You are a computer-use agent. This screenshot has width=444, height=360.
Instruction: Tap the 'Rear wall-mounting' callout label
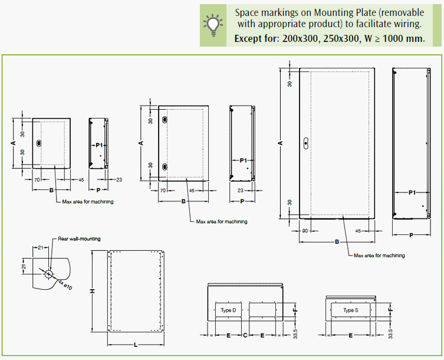pyautogui.click(x=79, y=239)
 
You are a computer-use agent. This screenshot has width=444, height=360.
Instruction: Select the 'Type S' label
pyautogui.click(x=351, y=310)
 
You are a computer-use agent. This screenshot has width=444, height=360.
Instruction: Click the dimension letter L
pyautogui.click(x=135, y=345)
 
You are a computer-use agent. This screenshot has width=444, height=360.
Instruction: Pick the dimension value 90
pyautogui.click(x=305, y=231)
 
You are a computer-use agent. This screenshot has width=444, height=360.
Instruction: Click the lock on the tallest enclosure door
pyautogui.click(x=305, y=142)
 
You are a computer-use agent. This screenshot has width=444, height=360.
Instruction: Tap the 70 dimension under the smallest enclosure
pyautogui.click(x=36, y=179)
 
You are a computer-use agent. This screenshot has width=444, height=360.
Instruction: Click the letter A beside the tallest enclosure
pyautogui.click(x=281, y=143)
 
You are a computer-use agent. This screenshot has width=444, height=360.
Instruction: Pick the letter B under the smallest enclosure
pyautogui.click(x=51, y=190)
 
